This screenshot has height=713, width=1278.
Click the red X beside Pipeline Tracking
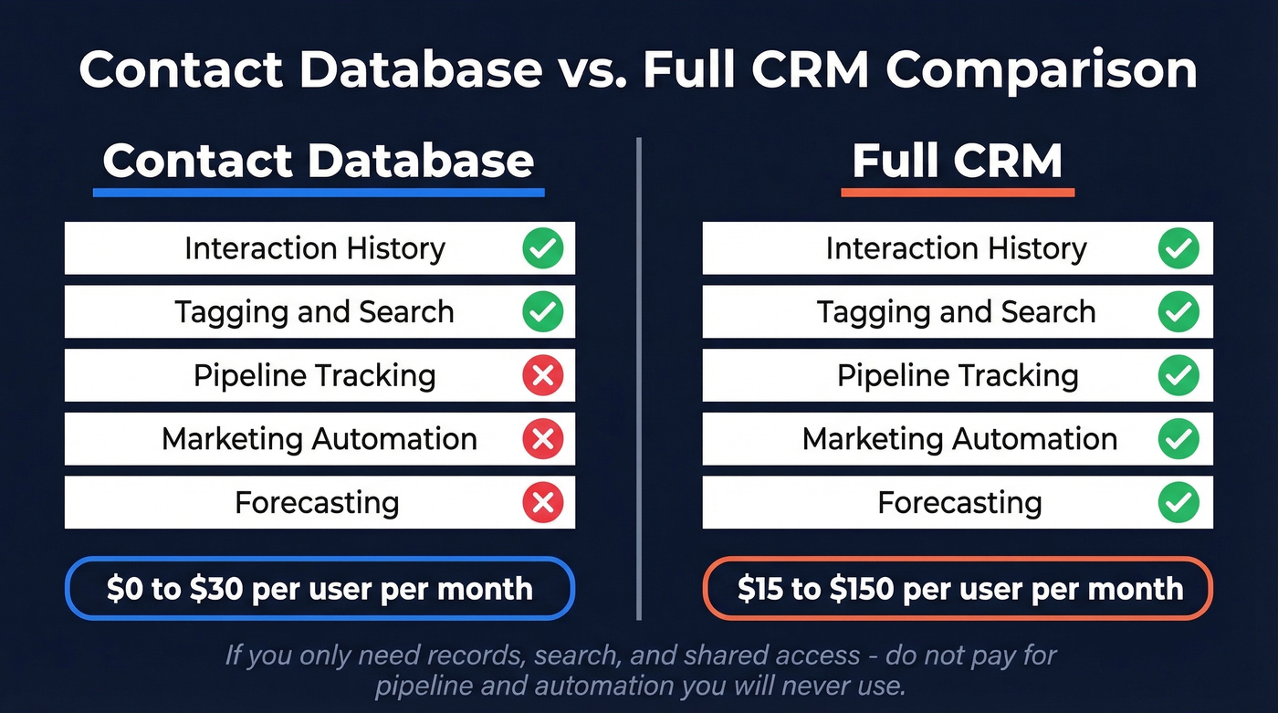(542, 375)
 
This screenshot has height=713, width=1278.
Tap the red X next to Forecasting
(542, 502)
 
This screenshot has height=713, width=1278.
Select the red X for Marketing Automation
(542, 439)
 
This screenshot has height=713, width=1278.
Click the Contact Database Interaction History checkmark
(542, 248)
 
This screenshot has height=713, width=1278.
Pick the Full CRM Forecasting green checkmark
(1178, 502)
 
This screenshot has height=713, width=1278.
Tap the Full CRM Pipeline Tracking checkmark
(1178, 375)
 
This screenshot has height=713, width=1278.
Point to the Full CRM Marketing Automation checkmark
(1178, 439)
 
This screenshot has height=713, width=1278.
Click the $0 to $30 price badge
(319, 589)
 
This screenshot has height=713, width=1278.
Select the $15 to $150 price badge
(958, 589)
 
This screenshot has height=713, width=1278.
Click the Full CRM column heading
(958, 162)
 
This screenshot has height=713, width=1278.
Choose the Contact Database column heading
(319, 162)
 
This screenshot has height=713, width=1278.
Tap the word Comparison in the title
(1042, 70)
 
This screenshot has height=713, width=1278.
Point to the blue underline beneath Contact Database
(319, 193)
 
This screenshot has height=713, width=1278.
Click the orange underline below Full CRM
(958, 193)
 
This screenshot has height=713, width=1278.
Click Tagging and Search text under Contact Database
(314, 312)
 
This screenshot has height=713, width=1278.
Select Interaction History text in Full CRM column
(956, 248)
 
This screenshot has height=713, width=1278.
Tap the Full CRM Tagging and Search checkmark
(1178, 312)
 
